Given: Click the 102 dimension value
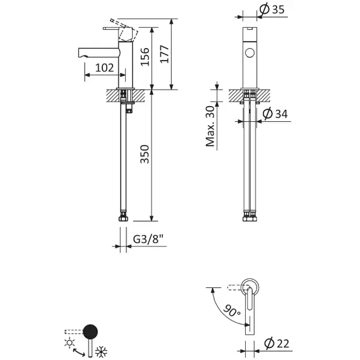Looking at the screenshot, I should (x=105, y=68).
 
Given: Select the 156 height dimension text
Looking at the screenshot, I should (x=145, y=57).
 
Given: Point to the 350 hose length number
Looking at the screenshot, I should (x=145, y=155).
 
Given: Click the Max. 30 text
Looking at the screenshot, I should (x=210, y=126).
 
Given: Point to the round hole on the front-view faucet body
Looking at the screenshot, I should (x=251, y=52).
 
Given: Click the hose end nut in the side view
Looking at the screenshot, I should (x=125, y=217).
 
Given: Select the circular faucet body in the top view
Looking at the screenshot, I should (x=250, y=287).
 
